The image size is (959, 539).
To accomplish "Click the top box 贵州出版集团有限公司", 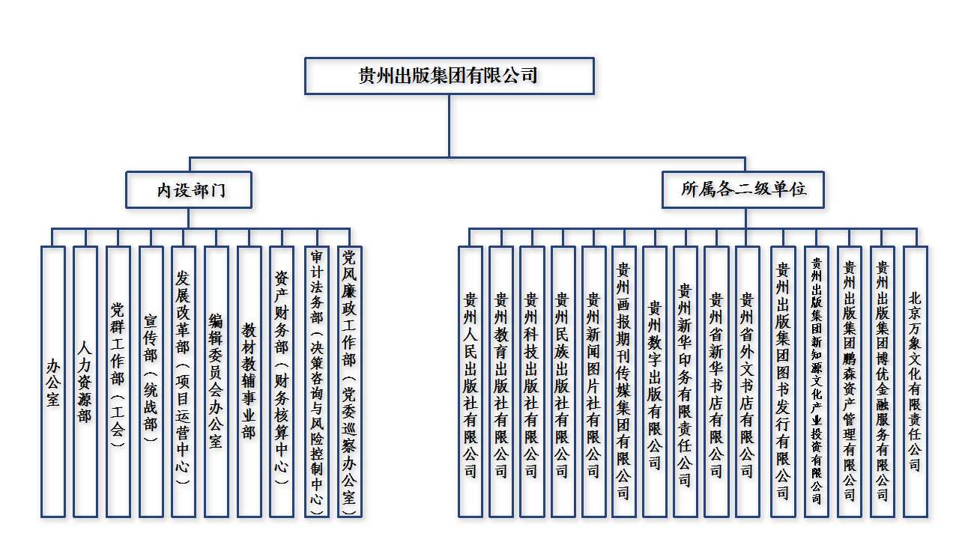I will tap(450, 76).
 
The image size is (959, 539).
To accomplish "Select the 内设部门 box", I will tap(189, 189).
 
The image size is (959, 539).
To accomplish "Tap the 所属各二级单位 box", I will tap(744, 189).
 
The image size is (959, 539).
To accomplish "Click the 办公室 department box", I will tap(53, 381).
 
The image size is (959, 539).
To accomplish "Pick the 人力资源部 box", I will tap(85, 381).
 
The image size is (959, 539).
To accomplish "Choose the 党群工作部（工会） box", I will tap(118, 381).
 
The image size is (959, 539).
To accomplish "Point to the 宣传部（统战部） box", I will tap(151, 381).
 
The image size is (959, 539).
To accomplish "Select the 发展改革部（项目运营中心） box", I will tap(184, 381).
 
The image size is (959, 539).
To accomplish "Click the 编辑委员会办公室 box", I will tap(216, 381).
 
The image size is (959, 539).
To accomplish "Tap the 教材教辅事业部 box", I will tap(249, 381).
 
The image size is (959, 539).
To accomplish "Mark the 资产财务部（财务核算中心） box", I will tap(282, 381).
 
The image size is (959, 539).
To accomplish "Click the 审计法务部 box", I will tap(317, 381).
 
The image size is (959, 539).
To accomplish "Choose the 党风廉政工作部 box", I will tap(349, 381).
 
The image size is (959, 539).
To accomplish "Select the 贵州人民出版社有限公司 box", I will tap(471, 381).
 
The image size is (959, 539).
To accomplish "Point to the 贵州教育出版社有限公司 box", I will tap(501, 381).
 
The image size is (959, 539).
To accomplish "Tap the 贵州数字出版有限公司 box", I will tap(655, 381).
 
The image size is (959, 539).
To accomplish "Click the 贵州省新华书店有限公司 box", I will tap(716, 381).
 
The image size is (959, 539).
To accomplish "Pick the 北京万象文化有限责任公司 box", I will tap(915, 381).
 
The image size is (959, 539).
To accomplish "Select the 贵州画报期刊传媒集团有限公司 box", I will tap(624, 381).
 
